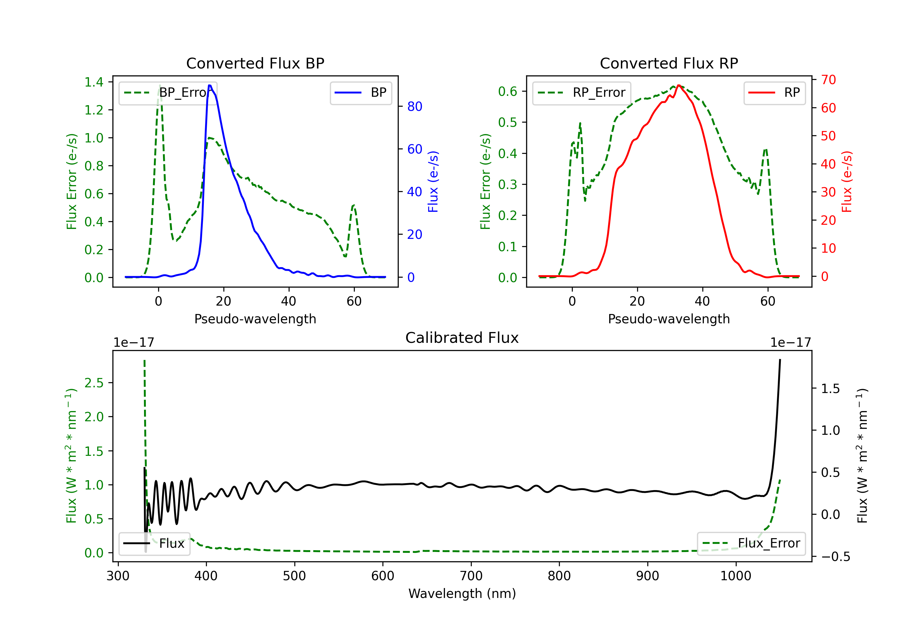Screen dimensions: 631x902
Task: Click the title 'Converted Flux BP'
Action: pyautogui.click(x=255, y=63)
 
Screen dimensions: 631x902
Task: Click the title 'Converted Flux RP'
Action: pyautogui.click(x=669, y=63)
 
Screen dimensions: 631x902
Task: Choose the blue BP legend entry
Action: pyautogui.click(x=360, y=93)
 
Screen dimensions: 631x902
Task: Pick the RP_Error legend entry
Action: pyautogui.click(x=581, y=93)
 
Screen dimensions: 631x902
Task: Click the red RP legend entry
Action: pyautogui.click(x=774, y=93)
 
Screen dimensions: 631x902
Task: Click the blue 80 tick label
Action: pyautogui.click(x=414, y=106)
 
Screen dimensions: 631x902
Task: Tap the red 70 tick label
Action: pyautogui.click(x=828, y=80)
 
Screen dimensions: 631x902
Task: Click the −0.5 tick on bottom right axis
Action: pyautogui.click(x=835, y=556)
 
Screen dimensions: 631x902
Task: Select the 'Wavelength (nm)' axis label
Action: pyautogui.click(x=462, y=593)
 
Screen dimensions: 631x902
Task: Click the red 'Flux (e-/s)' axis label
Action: pyautogui.click(x=847, y=181)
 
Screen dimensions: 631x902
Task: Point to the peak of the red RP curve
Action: pyautogui.click(x=679, y=85)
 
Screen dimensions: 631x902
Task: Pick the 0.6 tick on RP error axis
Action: pyautogui.click(x=508, y=91)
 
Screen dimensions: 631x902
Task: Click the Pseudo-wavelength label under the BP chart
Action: pyautogui.click(x=255, y=319)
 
